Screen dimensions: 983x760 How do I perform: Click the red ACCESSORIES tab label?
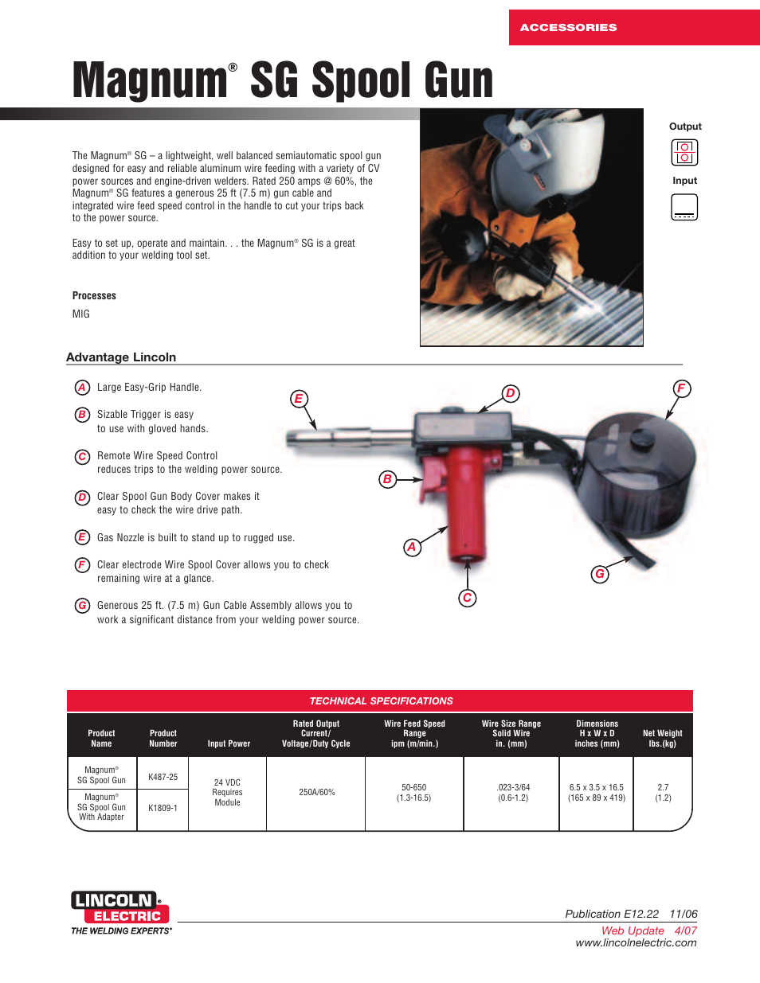(568, 27)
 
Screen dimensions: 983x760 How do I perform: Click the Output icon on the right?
(684, 152)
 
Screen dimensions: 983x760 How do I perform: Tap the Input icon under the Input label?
(684, 207)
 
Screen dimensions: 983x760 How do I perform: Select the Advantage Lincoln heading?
(121, 357)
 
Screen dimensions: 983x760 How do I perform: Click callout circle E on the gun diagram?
(299, 399)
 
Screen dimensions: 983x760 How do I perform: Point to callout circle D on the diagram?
(511, 393)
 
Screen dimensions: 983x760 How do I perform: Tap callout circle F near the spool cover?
(681, 388)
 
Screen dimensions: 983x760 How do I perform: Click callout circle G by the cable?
(600, 574)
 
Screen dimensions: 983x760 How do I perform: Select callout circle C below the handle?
(468, 598)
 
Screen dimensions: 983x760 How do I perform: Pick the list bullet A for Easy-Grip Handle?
(82, 388)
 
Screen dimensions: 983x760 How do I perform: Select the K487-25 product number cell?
(163, 777)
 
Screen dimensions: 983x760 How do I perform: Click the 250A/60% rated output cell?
(316, 793)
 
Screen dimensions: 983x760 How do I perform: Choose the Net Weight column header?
(662, 739)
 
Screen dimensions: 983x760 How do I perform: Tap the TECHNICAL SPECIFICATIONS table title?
(381, 701)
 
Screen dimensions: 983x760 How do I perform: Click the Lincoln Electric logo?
(120, 909)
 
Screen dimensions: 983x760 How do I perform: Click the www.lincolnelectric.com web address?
(636, 943)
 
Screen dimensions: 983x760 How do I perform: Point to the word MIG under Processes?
(81, 314)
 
